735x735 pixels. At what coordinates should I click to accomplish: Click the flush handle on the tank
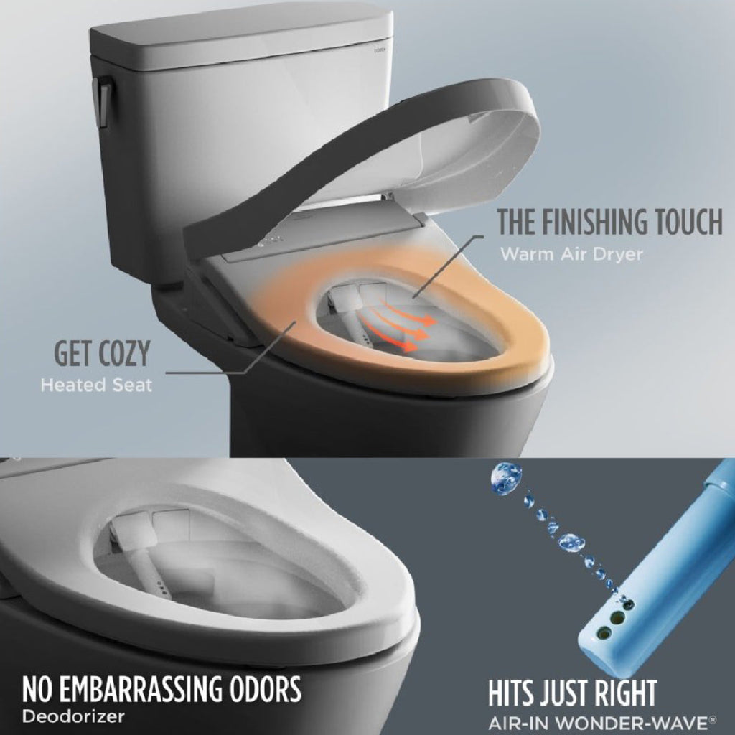(x=100, y=100)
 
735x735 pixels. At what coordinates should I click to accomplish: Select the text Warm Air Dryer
(x=571, y=254)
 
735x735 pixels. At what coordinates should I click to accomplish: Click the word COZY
(x=123, y=355)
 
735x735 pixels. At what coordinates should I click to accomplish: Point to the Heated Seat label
(x=96, y=385)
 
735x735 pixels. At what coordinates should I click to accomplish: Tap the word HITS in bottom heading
(x=518, y=694)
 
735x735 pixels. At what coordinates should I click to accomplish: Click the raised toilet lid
(x=359, y=165)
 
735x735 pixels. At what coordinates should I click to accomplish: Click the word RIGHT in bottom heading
(x=617, y=694)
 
